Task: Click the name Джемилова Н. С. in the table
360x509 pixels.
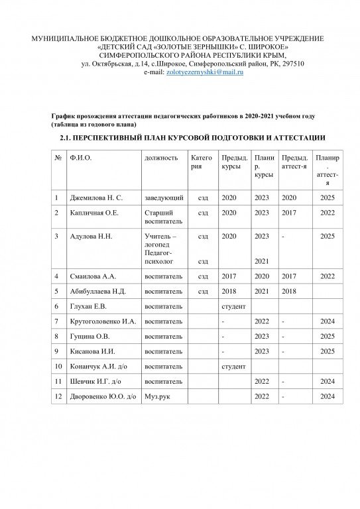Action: click(96, 198)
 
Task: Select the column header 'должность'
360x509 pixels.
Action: click(161, 158)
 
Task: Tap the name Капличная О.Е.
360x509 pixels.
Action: click(95, 213)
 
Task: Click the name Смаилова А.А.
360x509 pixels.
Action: click(93, 276)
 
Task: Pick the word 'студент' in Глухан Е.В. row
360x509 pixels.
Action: click(233, 306)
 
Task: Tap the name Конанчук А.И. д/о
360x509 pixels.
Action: click(98, 366)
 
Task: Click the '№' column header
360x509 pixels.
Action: click(58, 158)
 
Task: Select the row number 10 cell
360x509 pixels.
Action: click(58, 366)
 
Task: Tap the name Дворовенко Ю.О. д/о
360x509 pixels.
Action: click(103, 396)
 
